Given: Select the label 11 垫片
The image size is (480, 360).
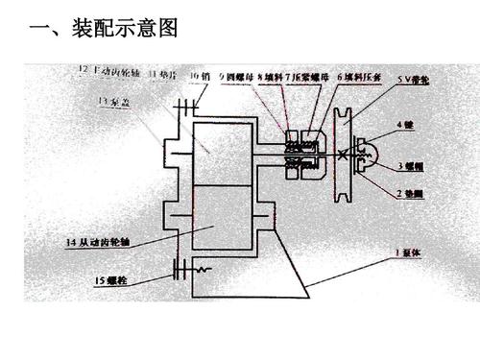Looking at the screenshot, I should [x=159, y=74].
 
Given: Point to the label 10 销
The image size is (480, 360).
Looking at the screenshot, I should [x=199, y=75].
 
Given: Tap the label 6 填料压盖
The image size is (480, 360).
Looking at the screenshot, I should [x=354, y=75].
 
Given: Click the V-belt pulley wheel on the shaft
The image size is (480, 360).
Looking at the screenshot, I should [x=341, y=155].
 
